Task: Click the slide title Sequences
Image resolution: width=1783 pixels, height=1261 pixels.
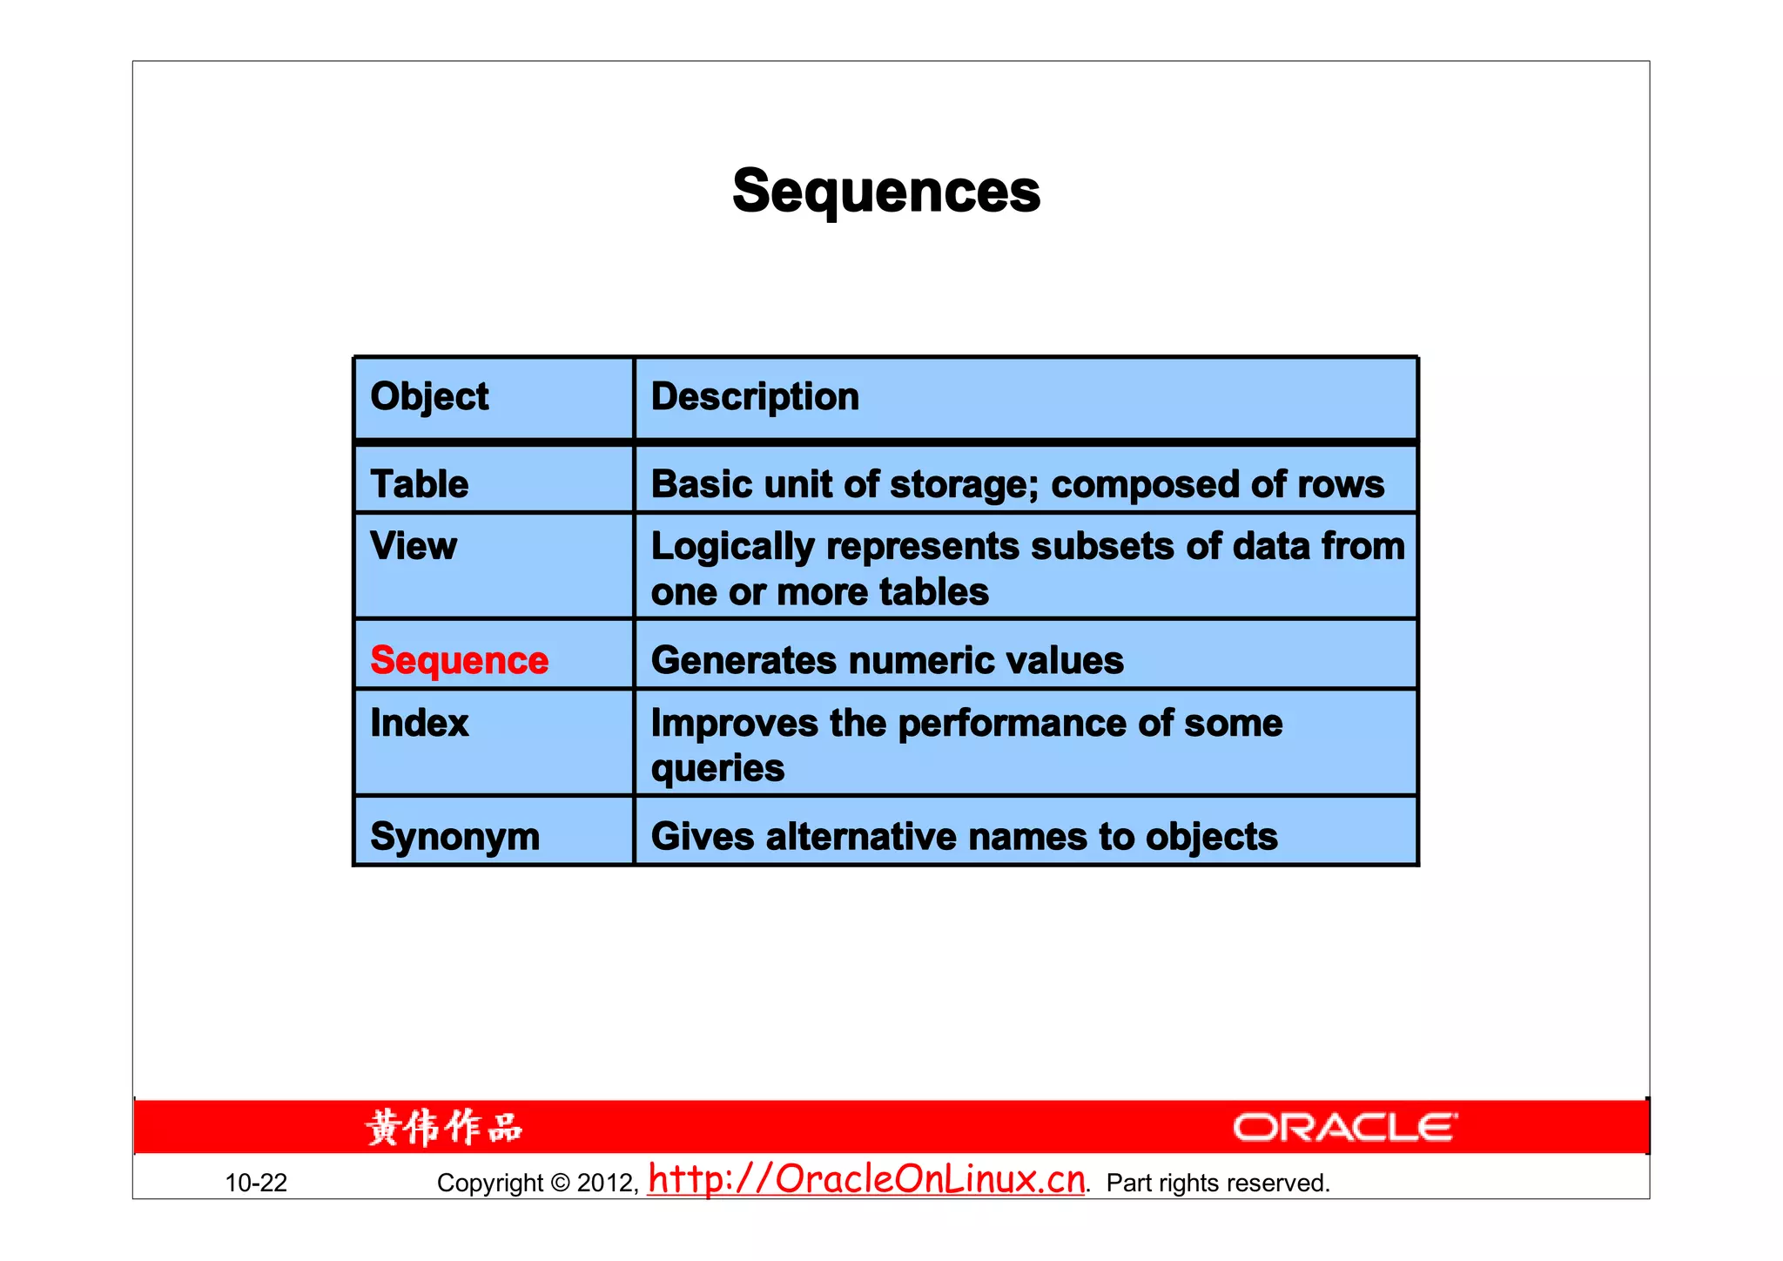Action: tap(886, 192)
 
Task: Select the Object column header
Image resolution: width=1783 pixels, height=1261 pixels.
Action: tap(429, 397)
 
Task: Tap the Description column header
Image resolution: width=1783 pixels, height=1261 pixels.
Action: tap(755, 397)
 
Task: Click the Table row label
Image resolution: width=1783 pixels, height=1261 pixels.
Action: tap(419, 484)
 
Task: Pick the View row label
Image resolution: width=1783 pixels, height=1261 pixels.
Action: tap(414, 547)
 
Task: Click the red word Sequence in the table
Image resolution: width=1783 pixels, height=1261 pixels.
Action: tap(459, 661)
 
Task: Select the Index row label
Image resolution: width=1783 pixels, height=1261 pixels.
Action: tap(419, 724)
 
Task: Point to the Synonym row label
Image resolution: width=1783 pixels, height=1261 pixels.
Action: tap(454, 837)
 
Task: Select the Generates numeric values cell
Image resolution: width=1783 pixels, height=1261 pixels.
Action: tap(887, 661)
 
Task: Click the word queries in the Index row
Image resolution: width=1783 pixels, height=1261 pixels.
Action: tap(717, 769)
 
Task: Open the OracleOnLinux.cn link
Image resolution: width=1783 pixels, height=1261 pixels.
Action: tap(866, 1179)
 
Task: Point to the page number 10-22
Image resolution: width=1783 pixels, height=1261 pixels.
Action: tap(256, 1183)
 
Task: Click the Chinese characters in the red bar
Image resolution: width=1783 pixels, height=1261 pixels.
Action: tap(444, 1128)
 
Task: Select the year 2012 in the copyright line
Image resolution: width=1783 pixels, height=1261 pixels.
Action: tap(605, 1183)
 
